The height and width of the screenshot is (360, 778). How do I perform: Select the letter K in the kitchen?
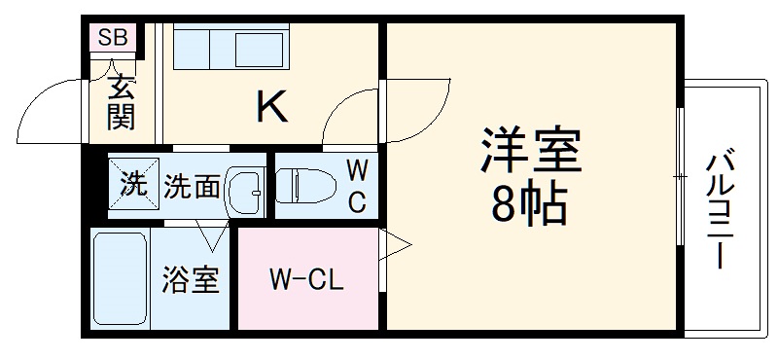coord(271,106)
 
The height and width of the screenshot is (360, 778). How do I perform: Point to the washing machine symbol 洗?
coord(130,184)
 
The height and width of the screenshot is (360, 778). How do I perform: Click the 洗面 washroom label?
coord(193,185)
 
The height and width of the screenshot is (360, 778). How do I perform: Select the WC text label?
coord(357,187)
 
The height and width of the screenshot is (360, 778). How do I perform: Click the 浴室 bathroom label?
coord(191,281)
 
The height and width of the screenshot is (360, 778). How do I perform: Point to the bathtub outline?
coord(119,279)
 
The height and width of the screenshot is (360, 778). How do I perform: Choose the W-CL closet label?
coord(306,282)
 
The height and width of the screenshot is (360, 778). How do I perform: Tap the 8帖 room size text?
coord(531,204)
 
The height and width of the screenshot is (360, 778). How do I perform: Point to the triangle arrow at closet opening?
coord(397,246)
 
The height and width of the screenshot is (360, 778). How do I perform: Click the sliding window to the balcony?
coord(678,175)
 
